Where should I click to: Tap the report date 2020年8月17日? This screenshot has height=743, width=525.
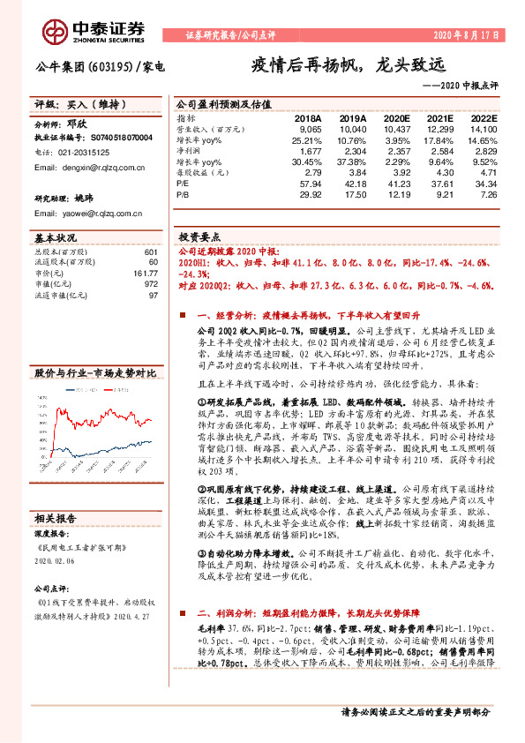click(x=466, y=36)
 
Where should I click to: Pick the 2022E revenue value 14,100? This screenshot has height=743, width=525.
click(x=484, y=129)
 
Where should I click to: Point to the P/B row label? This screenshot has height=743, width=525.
click(x=183, y=193)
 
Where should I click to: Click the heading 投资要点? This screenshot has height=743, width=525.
click(x=199, y=237)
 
